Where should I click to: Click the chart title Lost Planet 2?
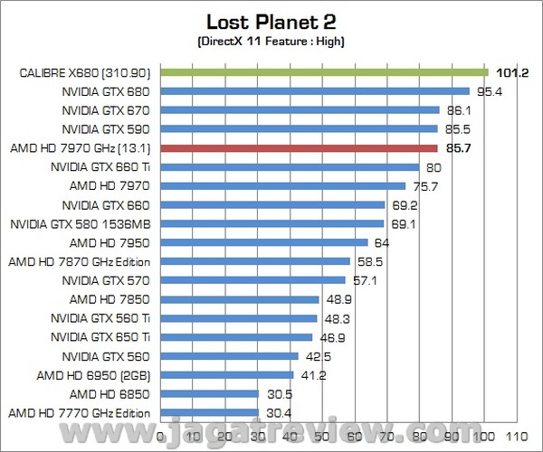tap(271, 22)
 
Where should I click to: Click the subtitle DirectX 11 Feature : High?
tap(271, 42)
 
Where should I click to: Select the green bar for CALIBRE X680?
tap(324, 72)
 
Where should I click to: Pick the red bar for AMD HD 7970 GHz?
tap(299, 147)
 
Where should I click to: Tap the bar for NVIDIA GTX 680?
tap(315, 91)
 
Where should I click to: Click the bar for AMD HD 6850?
tap(210, 393)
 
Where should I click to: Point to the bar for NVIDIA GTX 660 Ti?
tap(290, 166)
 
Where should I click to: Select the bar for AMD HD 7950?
tap(264, 242)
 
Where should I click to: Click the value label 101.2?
tap(511, 72)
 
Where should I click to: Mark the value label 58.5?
tap(370, 261)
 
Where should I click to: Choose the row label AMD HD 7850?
tap(115, 298)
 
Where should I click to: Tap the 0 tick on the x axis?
tap(161, 435)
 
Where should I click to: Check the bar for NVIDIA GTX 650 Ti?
tap(236, 336)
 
